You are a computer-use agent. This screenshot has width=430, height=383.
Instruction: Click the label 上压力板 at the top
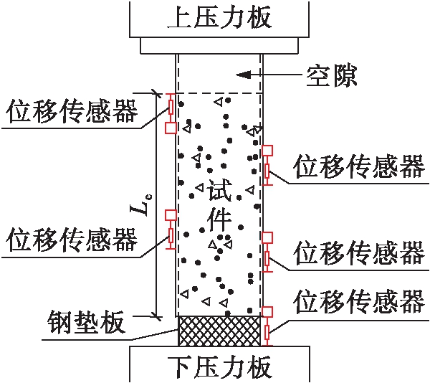219,17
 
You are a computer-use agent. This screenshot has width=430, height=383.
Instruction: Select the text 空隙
331,73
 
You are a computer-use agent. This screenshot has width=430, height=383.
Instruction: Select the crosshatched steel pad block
219,331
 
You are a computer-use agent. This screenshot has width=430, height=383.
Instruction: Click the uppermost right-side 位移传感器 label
359,166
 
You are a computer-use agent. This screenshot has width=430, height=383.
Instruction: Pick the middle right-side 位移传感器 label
359,253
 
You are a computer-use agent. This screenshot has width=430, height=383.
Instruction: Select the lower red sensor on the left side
171,230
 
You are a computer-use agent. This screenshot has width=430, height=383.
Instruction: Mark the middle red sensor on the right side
267,252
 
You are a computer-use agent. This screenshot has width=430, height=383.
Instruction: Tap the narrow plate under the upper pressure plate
219,45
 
